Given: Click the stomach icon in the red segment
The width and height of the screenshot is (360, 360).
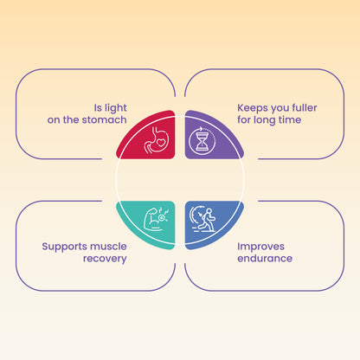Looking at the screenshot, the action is coord(157,139).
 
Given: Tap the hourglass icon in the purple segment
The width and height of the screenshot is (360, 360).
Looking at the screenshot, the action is coord(202,141).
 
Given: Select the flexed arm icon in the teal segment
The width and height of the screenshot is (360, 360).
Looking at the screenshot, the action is coord(156,218).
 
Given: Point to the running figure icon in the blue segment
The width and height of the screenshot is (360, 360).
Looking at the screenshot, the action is coord(202,218).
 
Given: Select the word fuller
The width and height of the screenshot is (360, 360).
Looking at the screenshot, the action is coord(305,107).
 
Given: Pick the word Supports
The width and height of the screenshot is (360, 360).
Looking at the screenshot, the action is coord(62,247).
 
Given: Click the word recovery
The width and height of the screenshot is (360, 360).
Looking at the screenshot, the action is coord(105,259).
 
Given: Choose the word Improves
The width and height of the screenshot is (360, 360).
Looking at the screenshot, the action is coord(260,247).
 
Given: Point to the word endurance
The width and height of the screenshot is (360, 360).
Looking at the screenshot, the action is coord(265,258).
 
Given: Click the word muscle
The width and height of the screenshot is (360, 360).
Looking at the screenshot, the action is coord(106,247).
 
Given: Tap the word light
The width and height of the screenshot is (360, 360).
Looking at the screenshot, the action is coord(115,108).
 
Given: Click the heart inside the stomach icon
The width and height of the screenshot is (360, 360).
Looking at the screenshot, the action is coord(161,143).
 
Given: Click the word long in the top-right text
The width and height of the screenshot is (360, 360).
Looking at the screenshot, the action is coord(265,120).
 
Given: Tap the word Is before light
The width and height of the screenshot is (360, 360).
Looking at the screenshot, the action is coord(98,108).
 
